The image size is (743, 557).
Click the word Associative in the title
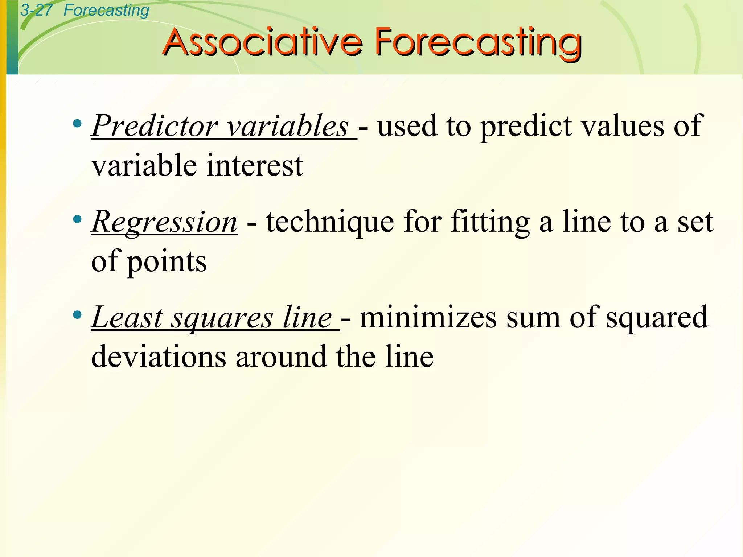coord(263,42)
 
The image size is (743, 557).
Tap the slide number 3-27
coord(36,10)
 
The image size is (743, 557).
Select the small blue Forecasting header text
coord(106,10)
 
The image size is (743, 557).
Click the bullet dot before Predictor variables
coord(77,124)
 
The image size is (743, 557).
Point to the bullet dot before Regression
coord(77,219)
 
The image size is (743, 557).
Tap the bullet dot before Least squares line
coord(77,315)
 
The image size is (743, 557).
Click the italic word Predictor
coord(155,126)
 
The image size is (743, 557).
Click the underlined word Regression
coord(164,222)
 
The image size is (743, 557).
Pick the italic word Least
coord(127,317)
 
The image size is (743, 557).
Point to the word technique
coord(330,222)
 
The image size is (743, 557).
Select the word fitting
coord(490,222)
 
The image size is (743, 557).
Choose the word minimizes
coord(428,317)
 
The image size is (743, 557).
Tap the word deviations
coord(159,357)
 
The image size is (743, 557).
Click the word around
coord(281,357)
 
